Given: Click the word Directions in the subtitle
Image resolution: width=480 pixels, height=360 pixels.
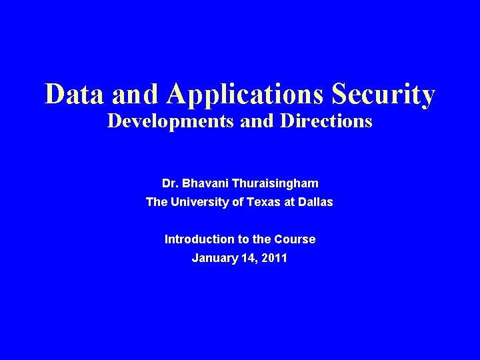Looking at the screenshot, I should coord(324,122).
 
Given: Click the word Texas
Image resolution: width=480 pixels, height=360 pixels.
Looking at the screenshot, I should coord(263,202).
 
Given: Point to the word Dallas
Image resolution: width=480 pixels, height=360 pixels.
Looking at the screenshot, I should coord(314,202).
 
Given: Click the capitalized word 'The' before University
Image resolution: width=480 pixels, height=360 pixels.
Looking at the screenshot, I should coord(157,202).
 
